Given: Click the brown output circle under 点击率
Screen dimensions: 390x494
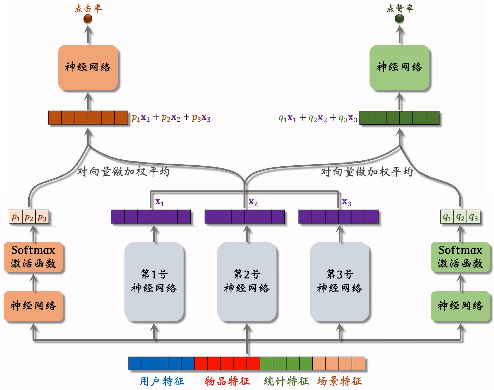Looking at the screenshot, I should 88,19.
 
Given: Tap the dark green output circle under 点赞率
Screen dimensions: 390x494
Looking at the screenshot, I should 399,18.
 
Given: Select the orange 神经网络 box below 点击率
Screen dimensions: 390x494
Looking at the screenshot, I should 88,67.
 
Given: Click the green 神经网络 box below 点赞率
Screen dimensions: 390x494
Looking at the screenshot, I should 399,67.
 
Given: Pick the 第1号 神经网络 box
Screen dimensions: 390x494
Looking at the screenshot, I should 154,282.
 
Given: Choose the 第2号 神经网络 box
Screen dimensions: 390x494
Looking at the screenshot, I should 247,282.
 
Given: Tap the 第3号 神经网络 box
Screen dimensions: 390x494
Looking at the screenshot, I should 340,282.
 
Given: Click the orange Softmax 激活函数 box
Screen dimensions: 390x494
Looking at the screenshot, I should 33,257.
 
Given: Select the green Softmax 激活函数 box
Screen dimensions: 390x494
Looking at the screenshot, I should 460,257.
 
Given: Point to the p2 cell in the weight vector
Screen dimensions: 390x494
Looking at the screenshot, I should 29,217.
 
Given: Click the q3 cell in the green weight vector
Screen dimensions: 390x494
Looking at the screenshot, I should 473,217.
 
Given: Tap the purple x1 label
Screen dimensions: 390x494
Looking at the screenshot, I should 159,202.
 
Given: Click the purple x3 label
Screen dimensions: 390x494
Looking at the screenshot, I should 346,202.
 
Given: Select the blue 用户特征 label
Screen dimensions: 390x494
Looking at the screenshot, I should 162,381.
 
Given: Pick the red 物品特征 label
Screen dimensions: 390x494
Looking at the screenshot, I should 227,381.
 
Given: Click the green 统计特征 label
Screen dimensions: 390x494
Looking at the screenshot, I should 286,381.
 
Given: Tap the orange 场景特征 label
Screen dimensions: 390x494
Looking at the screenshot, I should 339,381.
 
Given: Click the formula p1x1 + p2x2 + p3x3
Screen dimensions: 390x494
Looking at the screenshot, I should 171,118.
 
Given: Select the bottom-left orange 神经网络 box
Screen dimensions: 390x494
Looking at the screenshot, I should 33,306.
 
